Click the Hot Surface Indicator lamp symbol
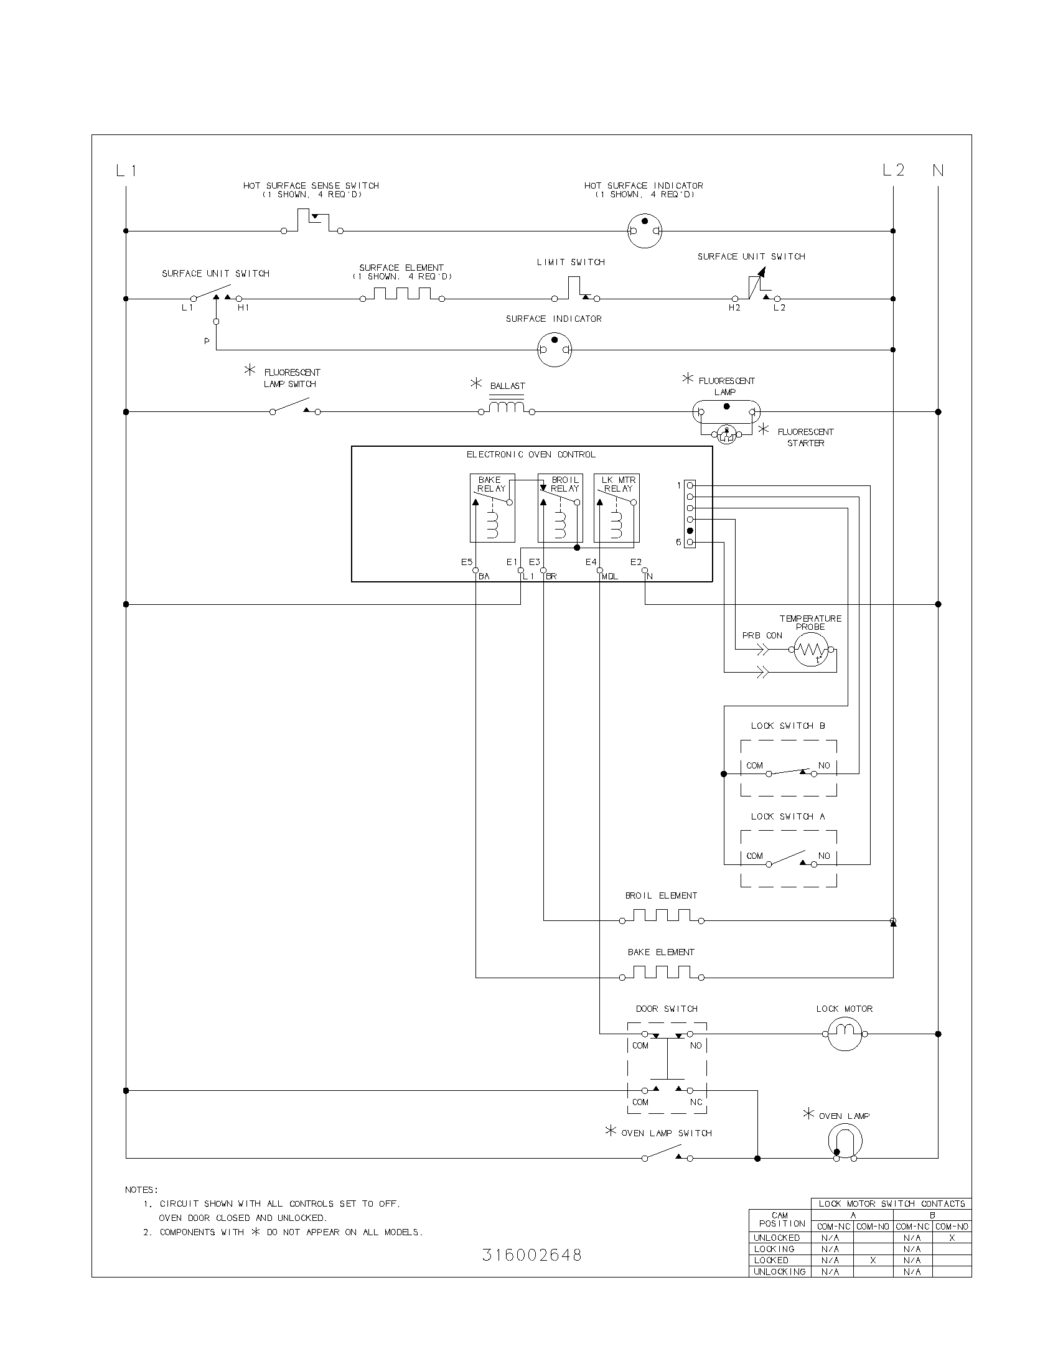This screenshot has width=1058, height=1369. [x=644, y=231]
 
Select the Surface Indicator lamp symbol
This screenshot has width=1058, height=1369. [x=555, y=349]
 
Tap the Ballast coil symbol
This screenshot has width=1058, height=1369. [x=507, y=408]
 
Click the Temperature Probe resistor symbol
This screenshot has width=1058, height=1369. [x=811, y=650]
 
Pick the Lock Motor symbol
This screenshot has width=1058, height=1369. [x=845, y=1034]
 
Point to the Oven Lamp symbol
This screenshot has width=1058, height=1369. [x=845, y=1141]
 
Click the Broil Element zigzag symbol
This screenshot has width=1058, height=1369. [x=661, y=916]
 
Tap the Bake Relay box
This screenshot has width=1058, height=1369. [x=492, y=508]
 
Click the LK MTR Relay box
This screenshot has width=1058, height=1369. [x=617, y=508]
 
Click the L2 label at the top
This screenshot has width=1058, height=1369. [x=893, y=170]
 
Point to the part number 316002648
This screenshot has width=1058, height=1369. [x=531, y=1255]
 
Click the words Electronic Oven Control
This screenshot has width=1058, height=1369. [x=531, y=454]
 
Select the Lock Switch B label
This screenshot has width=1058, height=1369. [x=788, y=726]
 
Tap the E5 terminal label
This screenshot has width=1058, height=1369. [x=466, y=563]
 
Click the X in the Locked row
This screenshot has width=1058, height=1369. [x=873, y=1260]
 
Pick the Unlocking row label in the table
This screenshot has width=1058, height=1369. [x=779, y=1271]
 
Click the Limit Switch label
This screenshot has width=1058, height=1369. [x=570, y=262]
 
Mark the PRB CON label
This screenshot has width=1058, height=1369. [x=762, y=635]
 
